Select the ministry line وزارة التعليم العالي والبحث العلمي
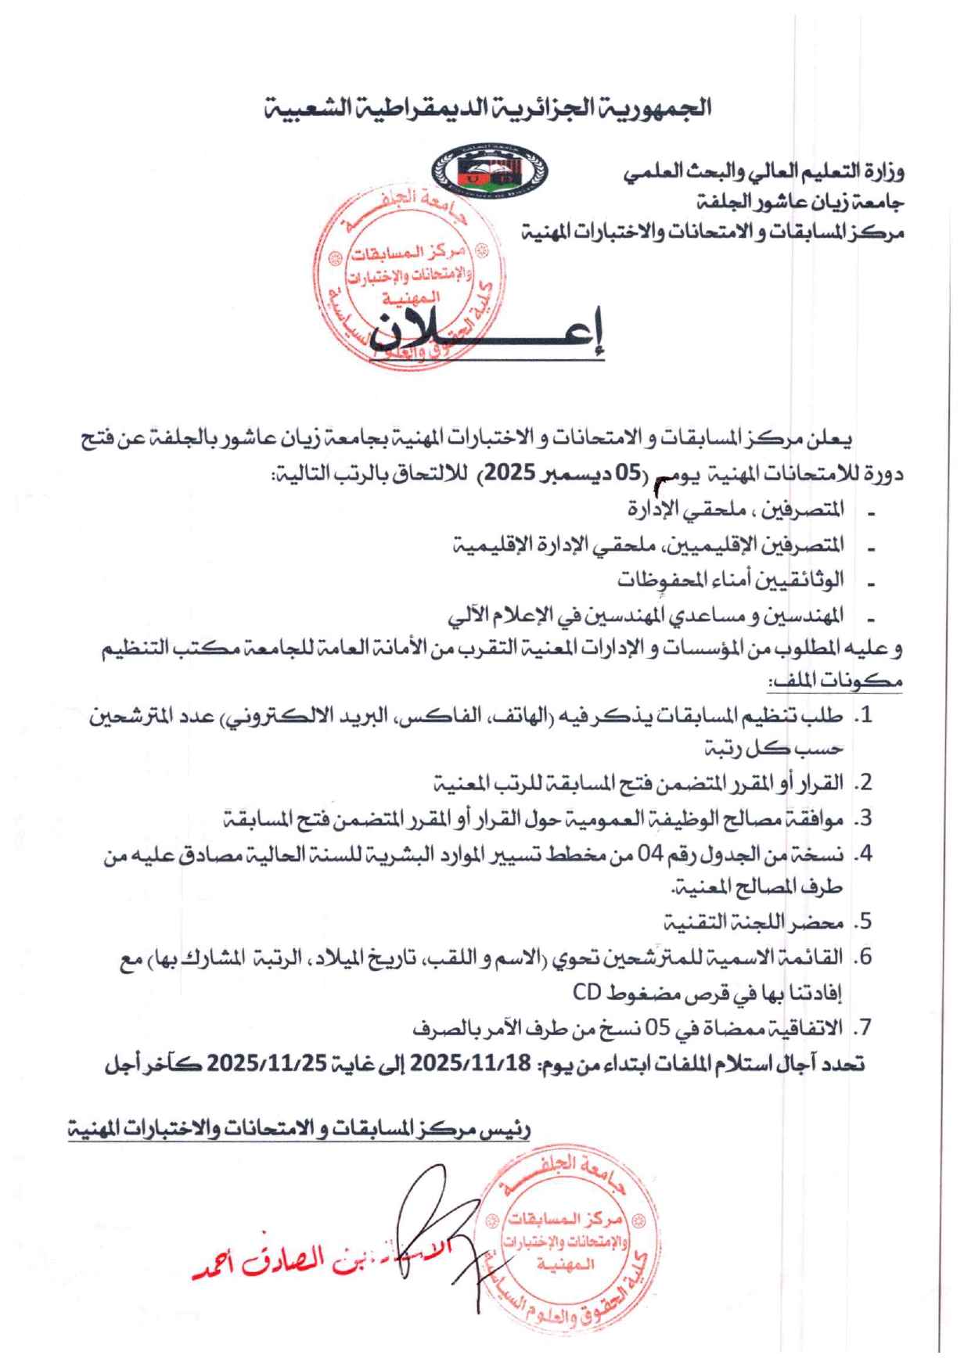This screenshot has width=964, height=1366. (764, 171)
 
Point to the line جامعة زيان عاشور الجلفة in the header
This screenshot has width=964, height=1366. (800, 202)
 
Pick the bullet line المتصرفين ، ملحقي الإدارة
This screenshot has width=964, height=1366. (736, 509)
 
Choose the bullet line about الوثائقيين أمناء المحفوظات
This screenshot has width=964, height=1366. (730, 579)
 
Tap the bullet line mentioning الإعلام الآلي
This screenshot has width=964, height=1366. (646, 615)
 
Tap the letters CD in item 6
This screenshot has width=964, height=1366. (586, 992)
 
